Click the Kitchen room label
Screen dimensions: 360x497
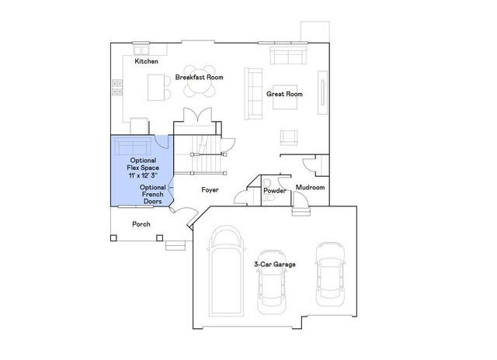[x=147, y=61]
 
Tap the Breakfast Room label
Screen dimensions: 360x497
[x=199, y=77]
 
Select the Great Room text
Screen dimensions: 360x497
[x=284, y=94]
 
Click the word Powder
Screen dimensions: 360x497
[x=275, y=190]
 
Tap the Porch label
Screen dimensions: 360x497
[x=141, y=224]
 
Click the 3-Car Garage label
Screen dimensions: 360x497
[x=276, y=265]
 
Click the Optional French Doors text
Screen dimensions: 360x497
[x=153, y=194]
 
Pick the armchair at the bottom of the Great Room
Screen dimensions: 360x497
[x=289, y=137]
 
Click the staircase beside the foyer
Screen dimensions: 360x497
[x=203, y=156]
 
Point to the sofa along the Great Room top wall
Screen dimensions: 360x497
[x=289, y=55]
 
